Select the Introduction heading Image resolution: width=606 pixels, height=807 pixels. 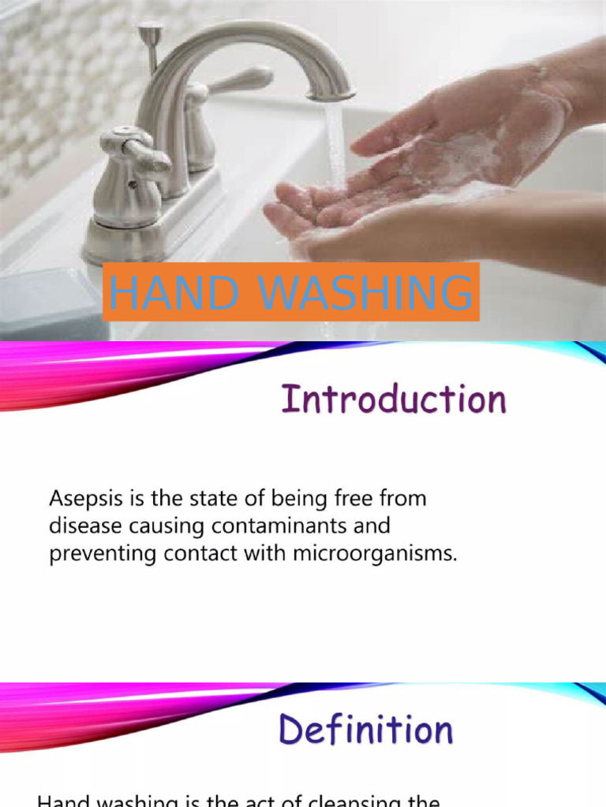pos(394,400)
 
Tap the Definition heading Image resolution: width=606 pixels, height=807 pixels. pos(365,730)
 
